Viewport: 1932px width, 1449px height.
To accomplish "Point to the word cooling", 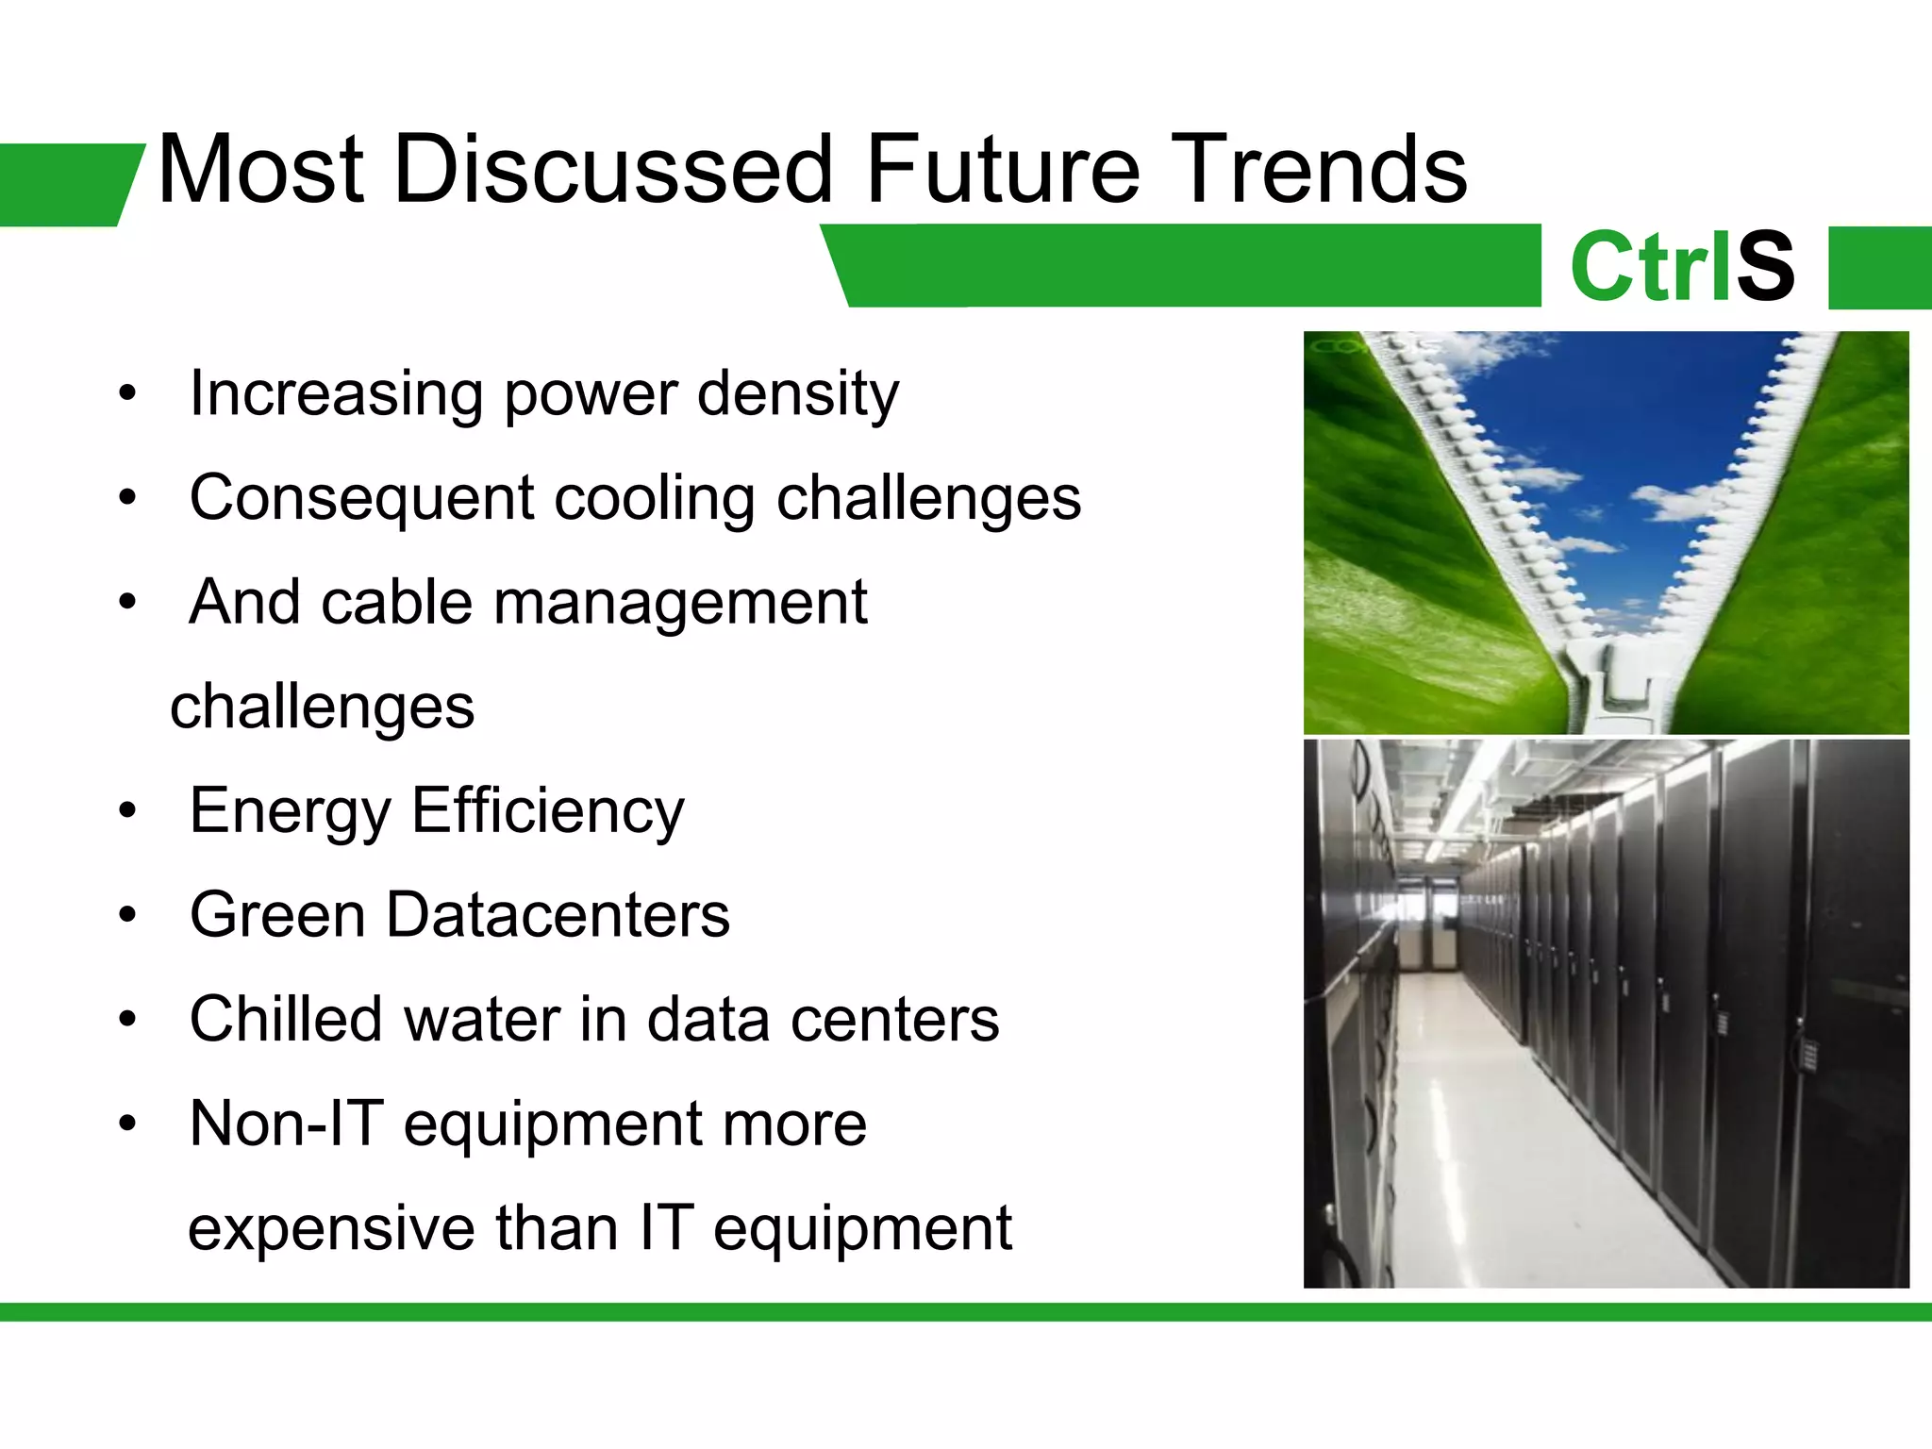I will (x=654, y=499).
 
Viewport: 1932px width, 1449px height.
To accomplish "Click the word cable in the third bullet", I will (x=396, y=603).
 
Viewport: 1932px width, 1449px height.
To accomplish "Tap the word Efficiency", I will (x=547, y=812).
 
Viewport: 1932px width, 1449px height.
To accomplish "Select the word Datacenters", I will (x=557, y=916).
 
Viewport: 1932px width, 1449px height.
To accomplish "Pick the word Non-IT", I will (x=286, y=1124).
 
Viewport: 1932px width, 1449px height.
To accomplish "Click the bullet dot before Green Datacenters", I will (x=128, y=915).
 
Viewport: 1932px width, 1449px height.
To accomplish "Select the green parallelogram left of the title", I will (x=66, y=185).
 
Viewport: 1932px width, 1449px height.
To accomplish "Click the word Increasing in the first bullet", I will (x=335, y=394).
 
